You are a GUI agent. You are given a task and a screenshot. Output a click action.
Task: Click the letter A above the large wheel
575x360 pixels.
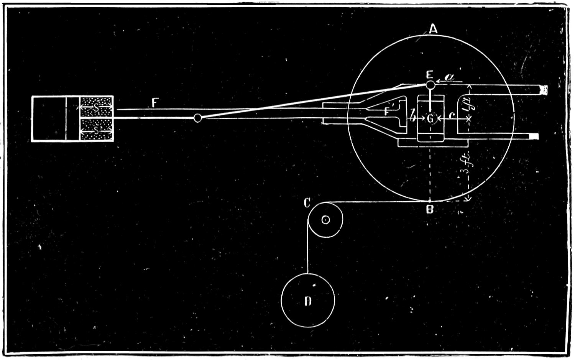click(x=433, y=29)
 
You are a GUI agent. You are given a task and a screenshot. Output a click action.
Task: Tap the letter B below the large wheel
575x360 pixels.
click(x=430, y=210)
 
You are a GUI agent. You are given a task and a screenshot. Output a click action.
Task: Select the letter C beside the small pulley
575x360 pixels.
click(x=307, y=203)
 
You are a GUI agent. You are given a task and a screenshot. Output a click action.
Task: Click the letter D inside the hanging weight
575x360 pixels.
click(x=307, y=301)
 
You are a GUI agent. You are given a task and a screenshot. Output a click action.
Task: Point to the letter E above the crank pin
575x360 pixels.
click(x=430, y=74)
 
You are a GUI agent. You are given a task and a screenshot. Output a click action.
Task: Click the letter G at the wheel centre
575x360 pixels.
click(x=430, y=119)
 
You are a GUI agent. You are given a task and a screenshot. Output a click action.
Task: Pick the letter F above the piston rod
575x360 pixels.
click(x=155, y=102)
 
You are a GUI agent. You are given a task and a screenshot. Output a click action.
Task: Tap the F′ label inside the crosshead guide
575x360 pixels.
click(x=389, y=112)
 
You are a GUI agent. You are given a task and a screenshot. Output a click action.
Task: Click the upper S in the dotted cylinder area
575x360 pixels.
click(x=96, y=109)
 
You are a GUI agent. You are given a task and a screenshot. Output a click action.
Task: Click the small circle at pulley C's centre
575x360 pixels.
click(x=325, y=220)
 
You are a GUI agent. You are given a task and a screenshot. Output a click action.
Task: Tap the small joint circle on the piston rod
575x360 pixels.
click(x=197, y=118)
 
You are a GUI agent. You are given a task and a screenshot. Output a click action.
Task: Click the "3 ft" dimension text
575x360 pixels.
click(x=468, y=165)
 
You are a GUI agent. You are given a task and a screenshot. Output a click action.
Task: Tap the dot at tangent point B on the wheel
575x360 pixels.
click(x=430, y=201)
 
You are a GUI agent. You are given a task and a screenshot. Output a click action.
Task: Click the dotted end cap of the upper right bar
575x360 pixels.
click(x=544, y=90)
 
